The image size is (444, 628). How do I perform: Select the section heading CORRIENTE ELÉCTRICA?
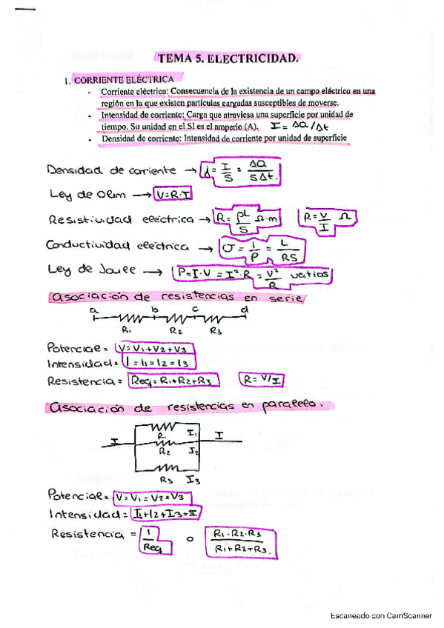click(123, 79)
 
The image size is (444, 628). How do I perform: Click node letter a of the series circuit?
click(94, 311)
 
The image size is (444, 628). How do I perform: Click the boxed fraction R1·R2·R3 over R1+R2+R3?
click(239, 541)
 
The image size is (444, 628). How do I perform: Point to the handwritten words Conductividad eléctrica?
click(116, 246)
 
